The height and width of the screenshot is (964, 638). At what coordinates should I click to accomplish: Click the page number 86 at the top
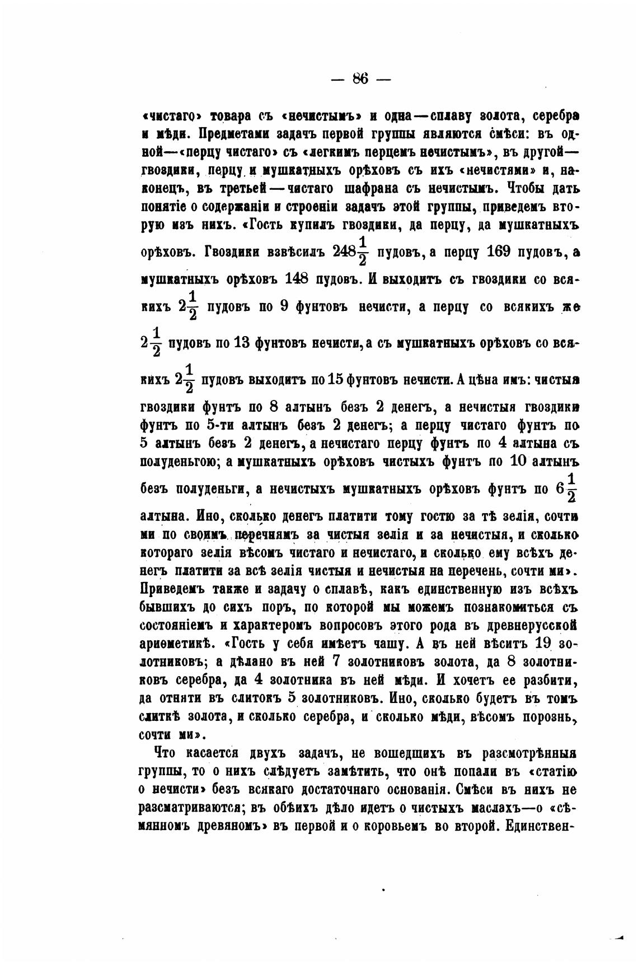(360, 79)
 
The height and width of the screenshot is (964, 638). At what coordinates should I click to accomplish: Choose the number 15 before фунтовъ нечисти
(335, 379)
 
